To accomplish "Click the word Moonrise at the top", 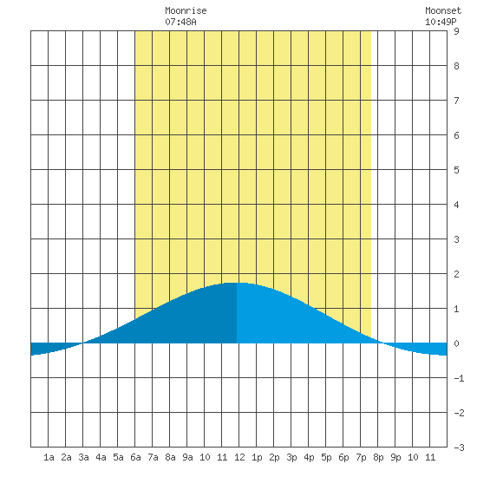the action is (186, 10).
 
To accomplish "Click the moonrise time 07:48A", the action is (180, 22).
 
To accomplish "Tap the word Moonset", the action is (443, 10).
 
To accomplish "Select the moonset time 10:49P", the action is (441, 22).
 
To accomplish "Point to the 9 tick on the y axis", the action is (456, 31).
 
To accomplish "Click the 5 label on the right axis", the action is (456, 170).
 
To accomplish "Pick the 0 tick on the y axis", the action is (456, 343).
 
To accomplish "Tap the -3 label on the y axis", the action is (459, 448).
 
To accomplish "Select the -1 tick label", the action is (459, 378).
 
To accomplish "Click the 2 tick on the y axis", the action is (456, 274).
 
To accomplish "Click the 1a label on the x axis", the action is (49, 457).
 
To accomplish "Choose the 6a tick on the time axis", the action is (135, 457).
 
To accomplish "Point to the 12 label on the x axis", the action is (239, 457).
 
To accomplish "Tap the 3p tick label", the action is (291, 457).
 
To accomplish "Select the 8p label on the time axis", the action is (378, 457).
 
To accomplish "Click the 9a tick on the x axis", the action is (187, 457).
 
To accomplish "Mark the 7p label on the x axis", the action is (361, 457).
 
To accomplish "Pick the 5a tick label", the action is (118, 457).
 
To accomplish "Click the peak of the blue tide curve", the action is (237, 283).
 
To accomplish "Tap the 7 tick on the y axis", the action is (456, 101).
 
